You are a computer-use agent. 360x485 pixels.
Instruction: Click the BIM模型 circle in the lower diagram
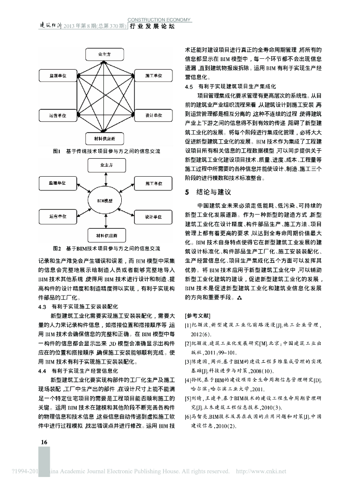coord(105,201)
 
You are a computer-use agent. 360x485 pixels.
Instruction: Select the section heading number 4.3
coord(42,307)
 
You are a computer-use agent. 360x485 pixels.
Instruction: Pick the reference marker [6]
coord(188,416)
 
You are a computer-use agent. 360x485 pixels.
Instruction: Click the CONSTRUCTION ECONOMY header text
coord(159,20)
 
